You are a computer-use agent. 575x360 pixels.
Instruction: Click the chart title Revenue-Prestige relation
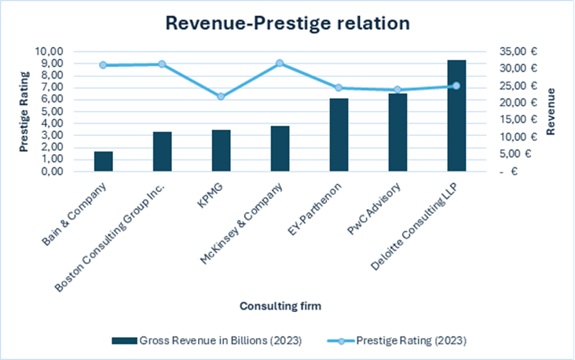click(x=287, y=24)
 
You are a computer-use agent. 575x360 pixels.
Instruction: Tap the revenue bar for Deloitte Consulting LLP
click(x=456, y=116)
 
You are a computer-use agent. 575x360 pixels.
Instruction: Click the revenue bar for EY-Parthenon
click(x=339, y=134)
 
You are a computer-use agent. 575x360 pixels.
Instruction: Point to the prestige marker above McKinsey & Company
click(x=280, y=63)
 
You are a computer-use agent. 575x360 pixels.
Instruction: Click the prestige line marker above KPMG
click(x=221, y=97)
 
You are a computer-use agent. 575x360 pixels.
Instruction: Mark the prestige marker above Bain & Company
click(x=104, y=65)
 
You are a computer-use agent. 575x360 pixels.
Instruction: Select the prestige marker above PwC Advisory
click(x=397, y=90)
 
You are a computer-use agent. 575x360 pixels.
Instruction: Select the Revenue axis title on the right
click(x=551, y=111)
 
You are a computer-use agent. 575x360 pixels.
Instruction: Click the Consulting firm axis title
click(x=280, y=304)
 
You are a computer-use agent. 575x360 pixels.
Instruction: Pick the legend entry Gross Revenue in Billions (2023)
click(x=207, y=340)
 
